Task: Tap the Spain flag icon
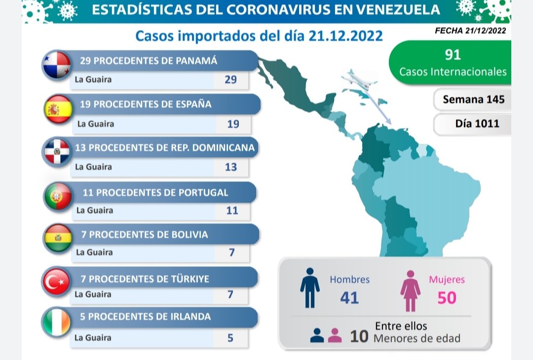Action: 58,109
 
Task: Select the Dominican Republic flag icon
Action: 56,151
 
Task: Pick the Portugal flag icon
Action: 58,196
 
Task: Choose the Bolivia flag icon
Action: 58,238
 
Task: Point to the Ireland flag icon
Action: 56,322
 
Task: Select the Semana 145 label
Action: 473,99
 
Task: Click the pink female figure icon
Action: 410,290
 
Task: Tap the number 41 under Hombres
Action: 349,297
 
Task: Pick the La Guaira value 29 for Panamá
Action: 230,80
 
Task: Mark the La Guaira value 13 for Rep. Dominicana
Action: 230,167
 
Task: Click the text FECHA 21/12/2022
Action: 470,31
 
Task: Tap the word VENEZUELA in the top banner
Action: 386,9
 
